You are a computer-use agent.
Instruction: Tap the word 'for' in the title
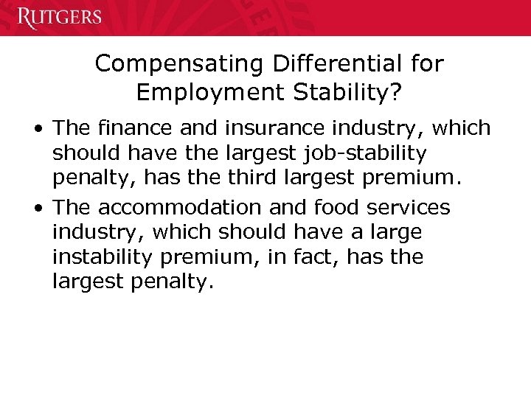tap(428, 63)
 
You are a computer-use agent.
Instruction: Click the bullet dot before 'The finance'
tap(36, 129)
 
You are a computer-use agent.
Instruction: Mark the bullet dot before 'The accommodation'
tap(36, 209)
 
